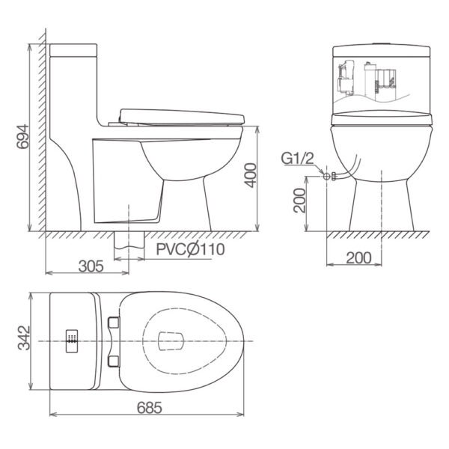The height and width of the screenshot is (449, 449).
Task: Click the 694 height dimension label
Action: pos(22,137)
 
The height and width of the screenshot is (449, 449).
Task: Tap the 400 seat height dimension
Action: pos(251,175)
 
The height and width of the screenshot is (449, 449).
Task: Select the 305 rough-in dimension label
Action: pos(91,266)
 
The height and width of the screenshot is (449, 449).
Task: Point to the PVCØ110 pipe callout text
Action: pos(190,249)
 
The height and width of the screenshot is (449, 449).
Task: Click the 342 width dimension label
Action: pos(24,337)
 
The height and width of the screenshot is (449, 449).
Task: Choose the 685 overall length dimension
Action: pos(150,408)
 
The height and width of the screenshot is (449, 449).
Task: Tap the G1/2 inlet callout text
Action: pos(298,159)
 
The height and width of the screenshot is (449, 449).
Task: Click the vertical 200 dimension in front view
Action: pos(299,200)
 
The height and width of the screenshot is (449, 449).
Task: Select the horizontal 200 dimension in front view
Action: pos(358,257)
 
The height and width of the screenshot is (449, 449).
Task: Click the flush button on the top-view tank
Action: pos(72,341)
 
